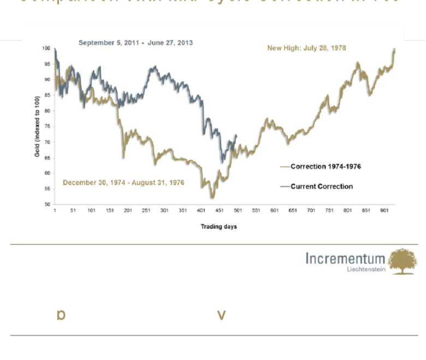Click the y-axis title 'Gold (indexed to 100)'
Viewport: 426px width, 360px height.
[38, 127]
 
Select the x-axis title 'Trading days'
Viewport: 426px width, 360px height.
[218, 226]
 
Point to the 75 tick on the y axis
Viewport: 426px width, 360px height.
[47, 127]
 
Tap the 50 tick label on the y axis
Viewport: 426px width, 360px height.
[47, 204]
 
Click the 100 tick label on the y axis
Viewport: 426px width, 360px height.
[46, 49]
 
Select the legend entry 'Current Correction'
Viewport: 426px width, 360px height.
[322, 186]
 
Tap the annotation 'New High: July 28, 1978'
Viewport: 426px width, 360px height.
[306, 48]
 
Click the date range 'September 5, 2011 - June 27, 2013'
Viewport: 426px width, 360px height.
[135, 42]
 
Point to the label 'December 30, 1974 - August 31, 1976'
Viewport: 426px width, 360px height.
[123, 182]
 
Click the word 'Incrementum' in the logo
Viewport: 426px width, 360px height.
[345, 259]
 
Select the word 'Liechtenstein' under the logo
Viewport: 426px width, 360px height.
[366, 269]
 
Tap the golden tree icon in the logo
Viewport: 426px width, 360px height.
[402, 261]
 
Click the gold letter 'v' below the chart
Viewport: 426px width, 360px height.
[221, 315]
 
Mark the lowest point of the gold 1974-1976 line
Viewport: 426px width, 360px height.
[212, 197]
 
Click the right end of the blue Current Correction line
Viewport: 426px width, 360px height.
[236, 135]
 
